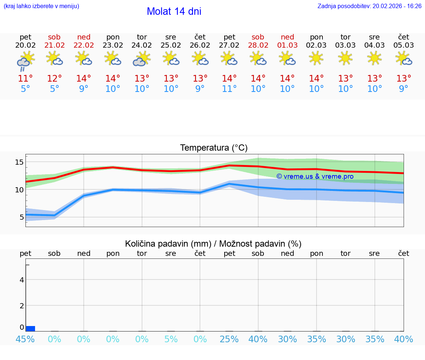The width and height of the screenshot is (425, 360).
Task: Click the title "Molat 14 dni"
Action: pyautogui.click(x=174, y=11)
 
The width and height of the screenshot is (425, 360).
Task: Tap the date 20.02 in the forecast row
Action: pyautogui.click(x=25, y=45)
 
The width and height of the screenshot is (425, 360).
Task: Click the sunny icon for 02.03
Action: pyautogui.click(x=316, y=58)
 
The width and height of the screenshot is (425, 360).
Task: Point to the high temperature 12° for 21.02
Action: pyautogui.click(x=54, y=79)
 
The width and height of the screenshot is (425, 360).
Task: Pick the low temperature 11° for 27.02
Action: pyautogui.click(x=229, y=89)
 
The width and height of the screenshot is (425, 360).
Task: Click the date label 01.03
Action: pyautogui.click(x=287, y=45)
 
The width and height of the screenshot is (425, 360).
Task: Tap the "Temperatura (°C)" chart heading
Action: pyautogui.click(x=214, y=148)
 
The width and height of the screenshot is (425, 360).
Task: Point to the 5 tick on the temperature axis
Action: pyautogui.click(x=21, y=217)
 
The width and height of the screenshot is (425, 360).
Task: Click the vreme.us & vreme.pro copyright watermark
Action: pyautogui.click(x=315, y=176)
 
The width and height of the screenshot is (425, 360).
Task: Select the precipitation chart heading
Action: pyautogui.click(x=213, y=244)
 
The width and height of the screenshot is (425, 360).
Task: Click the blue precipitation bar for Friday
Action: pyautogui.click(x=31, y=329)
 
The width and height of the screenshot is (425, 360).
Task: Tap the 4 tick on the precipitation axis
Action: pyautogui.click(x=22, y=280)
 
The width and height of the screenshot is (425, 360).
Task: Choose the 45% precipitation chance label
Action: pyautogui.click(x=25, y=339)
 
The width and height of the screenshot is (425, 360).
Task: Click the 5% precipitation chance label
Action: pyautogui.click(x=171, y=339)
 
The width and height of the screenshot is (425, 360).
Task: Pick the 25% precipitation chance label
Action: pyautogui.click(x=229, y=339)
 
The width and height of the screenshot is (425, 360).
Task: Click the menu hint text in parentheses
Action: pyautogui.click(x=41, y=6)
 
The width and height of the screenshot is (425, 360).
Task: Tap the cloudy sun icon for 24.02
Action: pyautogui.click(x=142, y=59)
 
